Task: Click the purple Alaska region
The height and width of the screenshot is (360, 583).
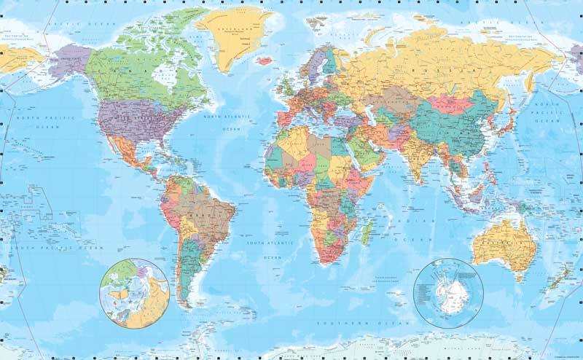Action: click(x=70, y=58)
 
